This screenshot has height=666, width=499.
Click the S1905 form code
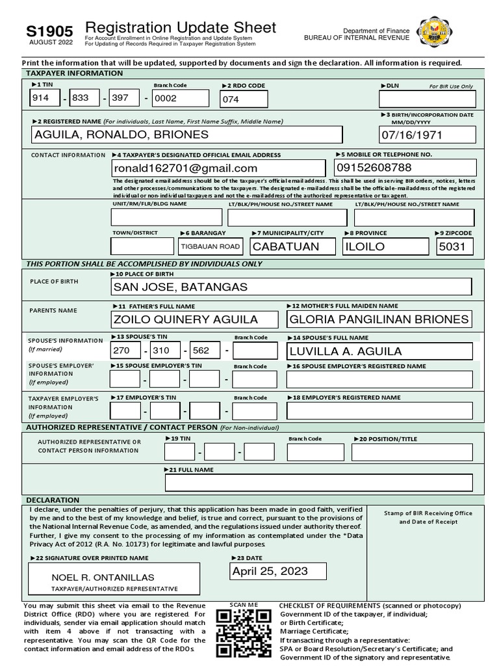(x=49, y=31)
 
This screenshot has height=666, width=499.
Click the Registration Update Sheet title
(x=181, y=27)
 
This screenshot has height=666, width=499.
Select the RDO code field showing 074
(x=244, y=100)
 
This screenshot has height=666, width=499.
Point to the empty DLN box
(x=427, y=99)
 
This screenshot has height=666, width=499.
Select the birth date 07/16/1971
(x=428, y=135)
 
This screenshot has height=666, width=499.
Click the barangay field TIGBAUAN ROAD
(x=211, y=246)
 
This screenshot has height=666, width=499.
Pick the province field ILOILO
(x=385, y=246)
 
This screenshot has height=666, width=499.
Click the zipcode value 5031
(x=455, y=246)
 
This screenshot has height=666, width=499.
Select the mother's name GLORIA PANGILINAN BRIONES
(x=379, y=319)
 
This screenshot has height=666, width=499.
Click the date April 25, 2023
(x=270, y=572)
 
